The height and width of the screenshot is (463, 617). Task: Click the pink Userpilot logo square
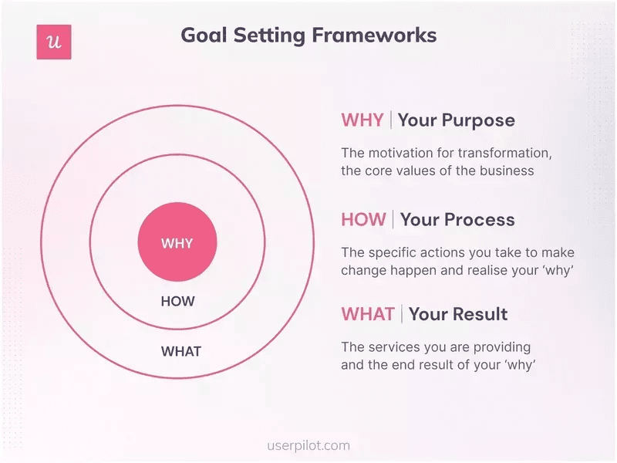coord(54,42)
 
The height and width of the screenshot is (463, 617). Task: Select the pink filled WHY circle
coord(177,243)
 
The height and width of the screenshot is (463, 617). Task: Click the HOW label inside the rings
coord(177,302)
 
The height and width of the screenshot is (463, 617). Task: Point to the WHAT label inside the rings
coord(180,351)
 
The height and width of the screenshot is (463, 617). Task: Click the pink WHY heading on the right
coord(362,120)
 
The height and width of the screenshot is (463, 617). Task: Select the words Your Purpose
coord(456,120)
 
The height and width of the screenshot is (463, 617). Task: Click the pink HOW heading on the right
coord(363,220)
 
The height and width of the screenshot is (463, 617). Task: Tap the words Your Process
coord(457,220)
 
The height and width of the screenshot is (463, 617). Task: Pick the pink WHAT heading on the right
coord(368,314)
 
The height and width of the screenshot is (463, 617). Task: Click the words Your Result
coord(458,314)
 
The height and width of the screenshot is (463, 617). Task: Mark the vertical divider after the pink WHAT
coord(401,314)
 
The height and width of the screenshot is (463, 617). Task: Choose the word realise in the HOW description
coord(479,270)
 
